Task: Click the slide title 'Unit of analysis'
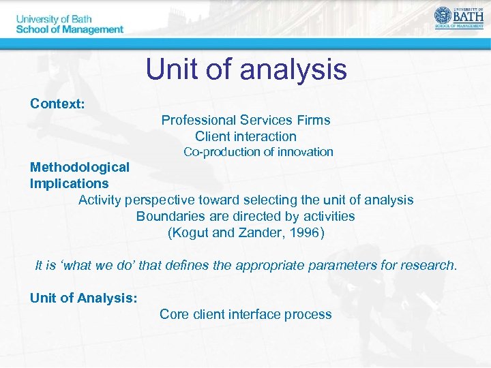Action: coord(245,70)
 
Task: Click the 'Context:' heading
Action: coord(57,104)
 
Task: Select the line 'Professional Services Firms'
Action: coord(245,121)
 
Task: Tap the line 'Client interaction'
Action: coord(245,136)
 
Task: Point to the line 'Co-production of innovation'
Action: coord(258,152)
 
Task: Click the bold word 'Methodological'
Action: coord(79,167)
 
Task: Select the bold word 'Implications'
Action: coord(69,183)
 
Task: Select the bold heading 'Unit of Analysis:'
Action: coord(84,298)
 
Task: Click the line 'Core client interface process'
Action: coord(245,314)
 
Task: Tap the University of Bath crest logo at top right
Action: coord(444,16)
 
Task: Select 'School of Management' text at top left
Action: coord(70,29)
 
